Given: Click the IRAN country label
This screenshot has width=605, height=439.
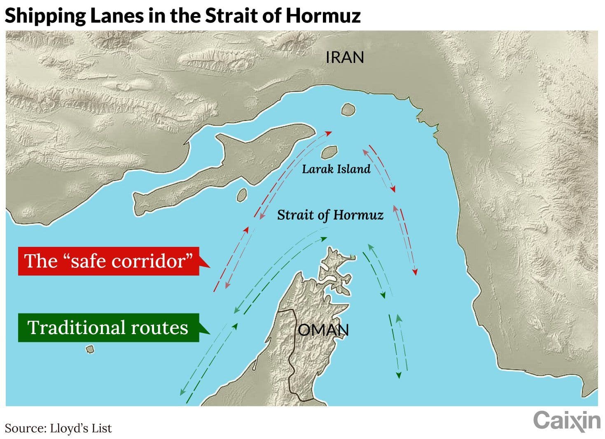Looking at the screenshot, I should (x=345, y=57).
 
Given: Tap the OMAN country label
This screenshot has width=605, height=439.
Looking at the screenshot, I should (x=323, y=330).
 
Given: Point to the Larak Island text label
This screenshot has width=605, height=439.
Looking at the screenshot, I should (x=336, y=169).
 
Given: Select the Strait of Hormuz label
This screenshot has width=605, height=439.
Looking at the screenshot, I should (x=330, y=215).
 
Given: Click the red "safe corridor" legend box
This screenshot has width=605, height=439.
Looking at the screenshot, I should (x=109, y=261).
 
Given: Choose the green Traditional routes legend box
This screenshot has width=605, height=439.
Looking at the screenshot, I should (x=108, y=328).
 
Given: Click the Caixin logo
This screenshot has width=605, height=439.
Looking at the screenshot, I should (x=567, y=421).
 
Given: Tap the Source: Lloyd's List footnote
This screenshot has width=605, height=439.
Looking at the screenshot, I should (x=58, y=428).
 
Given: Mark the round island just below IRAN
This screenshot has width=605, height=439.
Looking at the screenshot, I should (x=348, y=110).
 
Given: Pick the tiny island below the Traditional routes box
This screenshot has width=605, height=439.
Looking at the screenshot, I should (x=90, y=349).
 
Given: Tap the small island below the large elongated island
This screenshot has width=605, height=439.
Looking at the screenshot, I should (x=242, y=195).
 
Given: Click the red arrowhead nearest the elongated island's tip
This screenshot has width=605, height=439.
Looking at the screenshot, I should (x=329, y=133).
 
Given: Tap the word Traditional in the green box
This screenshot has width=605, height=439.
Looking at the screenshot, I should (x=77, y=328).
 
